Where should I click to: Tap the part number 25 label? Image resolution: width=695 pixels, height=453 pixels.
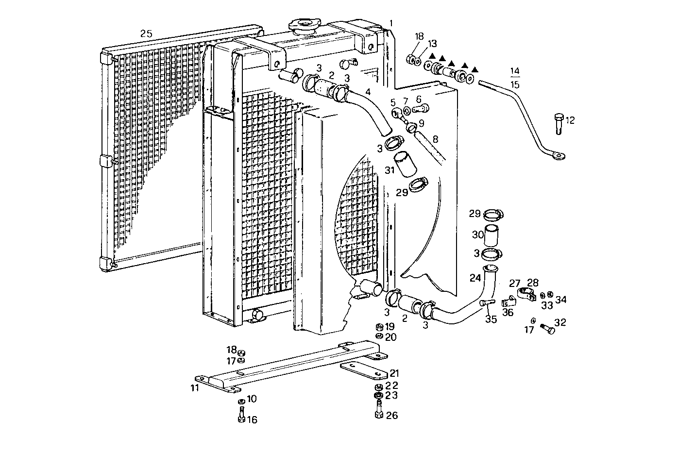(x=146, y=34)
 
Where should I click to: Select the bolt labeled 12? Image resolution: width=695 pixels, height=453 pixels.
(x=558, y=124)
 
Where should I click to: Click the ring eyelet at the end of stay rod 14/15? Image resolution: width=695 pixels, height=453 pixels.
(x=560, y=156)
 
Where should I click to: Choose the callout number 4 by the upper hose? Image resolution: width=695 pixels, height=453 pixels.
(x=368, y=91)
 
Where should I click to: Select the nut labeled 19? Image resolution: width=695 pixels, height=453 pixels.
(x=379, y=327)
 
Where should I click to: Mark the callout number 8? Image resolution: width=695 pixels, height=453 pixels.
(x=435, y=139)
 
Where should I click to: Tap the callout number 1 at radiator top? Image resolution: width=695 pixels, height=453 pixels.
(x=391, y=23)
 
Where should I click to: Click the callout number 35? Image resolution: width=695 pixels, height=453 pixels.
(x=491, y=319)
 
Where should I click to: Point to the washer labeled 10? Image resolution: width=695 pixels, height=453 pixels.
(x=241, y=402)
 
